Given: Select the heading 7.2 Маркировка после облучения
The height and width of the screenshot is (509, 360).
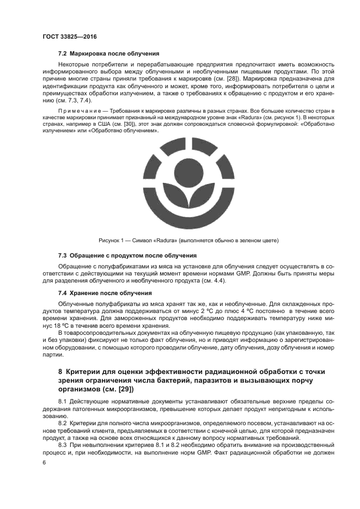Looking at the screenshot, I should (108, 54).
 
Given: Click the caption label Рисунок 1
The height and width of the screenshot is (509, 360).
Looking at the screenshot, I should (112, 240).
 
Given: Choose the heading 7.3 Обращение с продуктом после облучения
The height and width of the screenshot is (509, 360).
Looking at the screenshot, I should (127, 255).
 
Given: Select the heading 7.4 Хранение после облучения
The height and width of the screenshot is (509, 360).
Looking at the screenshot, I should (105, 293).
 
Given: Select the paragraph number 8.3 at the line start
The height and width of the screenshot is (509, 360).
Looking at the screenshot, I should (63, 445).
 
